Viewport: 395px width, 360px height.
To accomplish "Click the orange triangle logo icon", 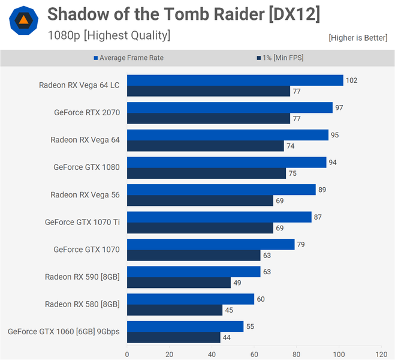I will [23, 22].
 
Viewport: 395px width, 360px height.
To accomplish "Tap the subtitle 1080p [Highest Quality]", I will [109, 35].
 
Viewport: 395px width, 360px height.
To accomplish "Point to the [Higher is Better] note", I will [358, 38].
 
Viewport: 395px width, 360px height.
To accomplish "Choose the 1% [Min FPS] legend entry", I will [281, 58].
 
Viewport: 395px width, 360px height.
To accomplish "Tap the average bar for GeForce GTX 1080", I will [227, 162].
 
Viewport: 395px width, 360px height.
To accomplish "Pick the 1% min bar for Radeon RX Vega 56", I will [200, 200].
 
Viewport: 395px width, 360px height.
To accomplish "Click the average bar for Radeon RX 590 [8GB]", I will [194, 272].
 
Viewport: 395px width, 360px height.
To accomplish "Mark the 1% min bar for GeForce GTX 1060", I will [174, 338].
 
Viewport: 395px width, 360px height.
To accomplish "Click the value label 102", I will [352, 80].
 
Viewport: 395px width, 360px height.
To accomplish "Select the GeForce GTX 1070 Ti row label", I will [82, 222].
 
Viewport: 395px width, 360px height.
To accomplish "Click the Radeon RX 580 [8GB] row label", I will [82, 304].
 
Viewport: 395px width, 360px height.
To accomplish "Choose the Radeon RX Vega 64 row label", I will [85, 140].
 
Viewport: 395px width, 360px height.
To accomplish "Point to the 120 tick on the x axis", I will [381, 354].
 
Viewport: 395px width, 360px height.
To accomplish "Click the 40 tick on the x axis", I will [212, 354].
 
